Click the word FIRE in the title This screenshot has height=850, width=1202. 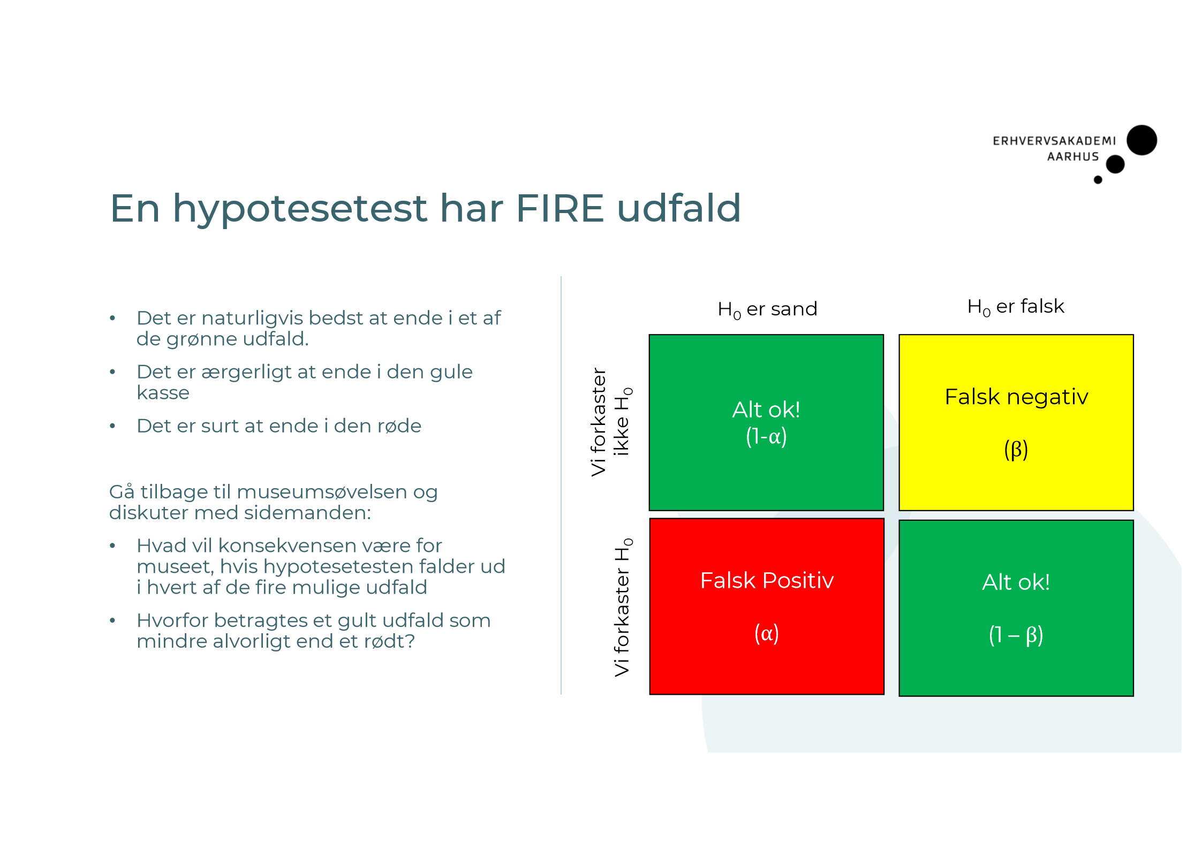click(560, 208)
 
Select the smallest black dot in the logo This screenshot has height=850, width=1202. click(1098, 180)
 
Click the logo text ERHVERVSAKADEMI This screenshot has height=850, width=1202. click(1054, 141)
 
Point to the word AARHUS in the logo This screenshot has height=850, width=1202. click(1072, 157)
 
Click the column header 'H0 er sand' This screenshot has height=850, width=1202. click(767, 309)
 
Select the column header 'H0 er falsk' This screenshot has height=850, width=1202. click(1015, 307)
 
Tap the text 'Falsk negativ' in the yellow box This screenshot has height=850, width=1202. click(1016, 397)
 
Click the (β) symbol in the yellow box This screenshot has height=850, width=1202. click(1016, 450)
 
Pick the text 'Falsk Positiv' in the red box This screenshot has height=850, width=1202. click(766, 581)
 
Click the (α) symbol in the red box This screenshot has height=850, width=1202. click(766, 634)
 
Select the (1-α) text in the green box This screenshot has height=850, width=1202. click(766, 437)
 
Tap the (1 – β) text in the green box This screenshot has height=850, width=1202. click(1015, 635)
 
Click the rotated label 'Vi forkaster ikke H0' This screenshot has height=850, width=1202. click(610, 422)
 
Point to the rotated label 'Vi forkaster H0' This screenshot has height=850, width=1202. click(622, 608)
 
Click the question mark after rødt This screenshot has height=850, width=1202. click(411, 641)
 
